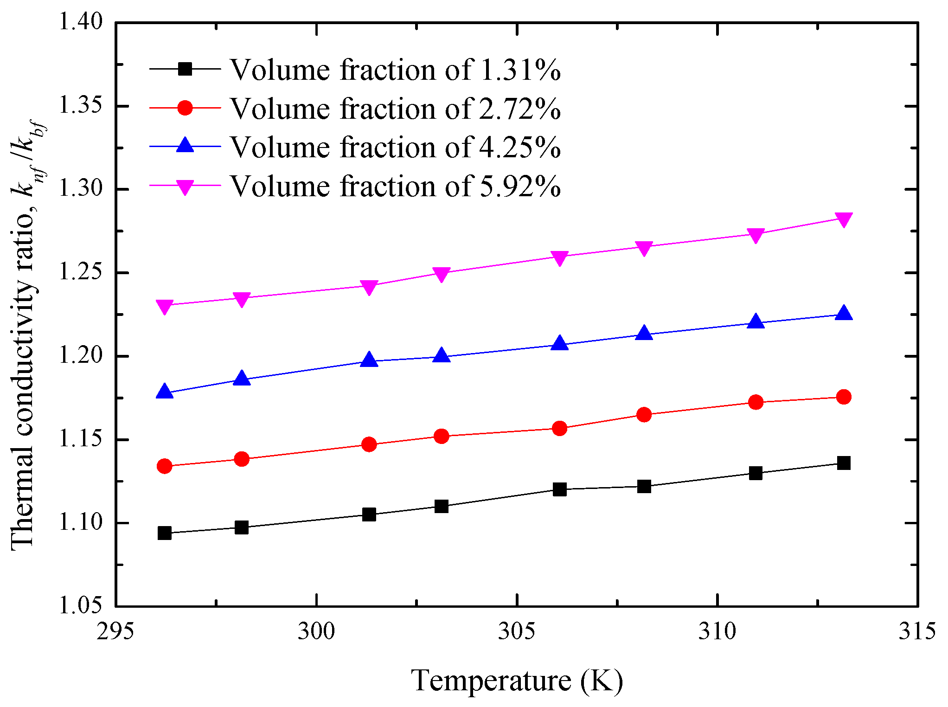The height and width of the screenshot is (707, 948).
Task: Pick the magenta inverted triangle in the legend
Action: tap(185, 186)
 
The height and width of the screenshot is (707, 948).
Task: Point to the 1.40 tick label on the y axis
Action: tap(80, 21)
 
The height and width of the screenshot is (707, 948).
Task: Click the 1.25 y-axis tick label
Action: tap(80, 272)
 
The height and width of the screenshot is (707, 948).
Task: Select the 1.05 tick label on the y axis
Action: tap(80, 605)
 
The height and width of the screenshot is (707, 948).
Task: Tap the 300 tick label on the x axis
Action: tap(316, 631)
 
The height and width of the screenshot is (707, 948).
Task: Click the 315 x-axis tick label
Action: tap(917, 631)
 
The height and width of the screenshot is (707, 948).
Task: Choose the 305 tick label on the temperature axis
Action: tap(516, 631)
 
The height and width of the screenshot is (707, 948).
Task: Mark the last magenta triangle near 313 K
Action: tap(844, 219)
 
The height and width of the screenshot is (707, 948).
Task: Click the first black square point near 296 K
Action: tap(165, 533)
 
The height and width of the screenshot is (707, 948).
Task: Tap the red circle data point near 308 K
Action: tap(644, 414)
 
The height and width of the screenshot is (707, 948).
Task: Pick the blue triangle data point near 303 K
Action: tap(442, 356)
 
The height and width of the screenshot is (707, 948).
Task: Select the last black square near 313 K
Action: tap(844, 463)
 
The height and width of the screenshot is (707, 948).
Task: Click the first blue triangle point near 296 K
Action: tap(165, 392)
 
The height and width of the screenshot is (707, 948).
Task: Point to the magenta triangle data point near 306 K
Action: tap(560, 258)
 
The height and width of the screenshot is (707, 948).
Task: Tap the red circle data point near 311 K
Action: tap(756, 402)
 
